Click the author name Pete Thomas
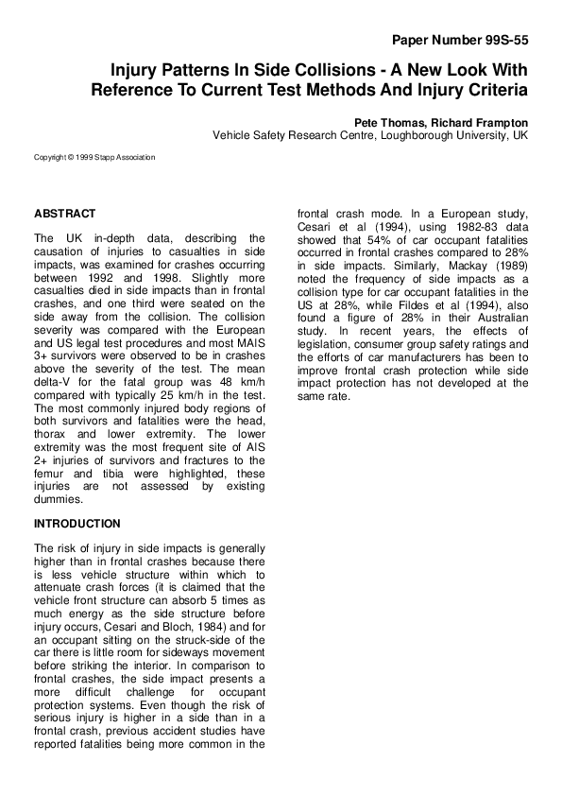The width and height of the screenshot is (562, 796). point(387,123)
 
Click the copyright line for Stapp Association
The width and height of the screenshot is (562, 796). point(94,157)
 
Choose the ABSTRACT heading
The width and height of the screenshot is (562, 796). point(64,215)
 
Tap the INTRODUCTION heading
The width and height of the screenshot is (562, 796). point(77,524)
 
